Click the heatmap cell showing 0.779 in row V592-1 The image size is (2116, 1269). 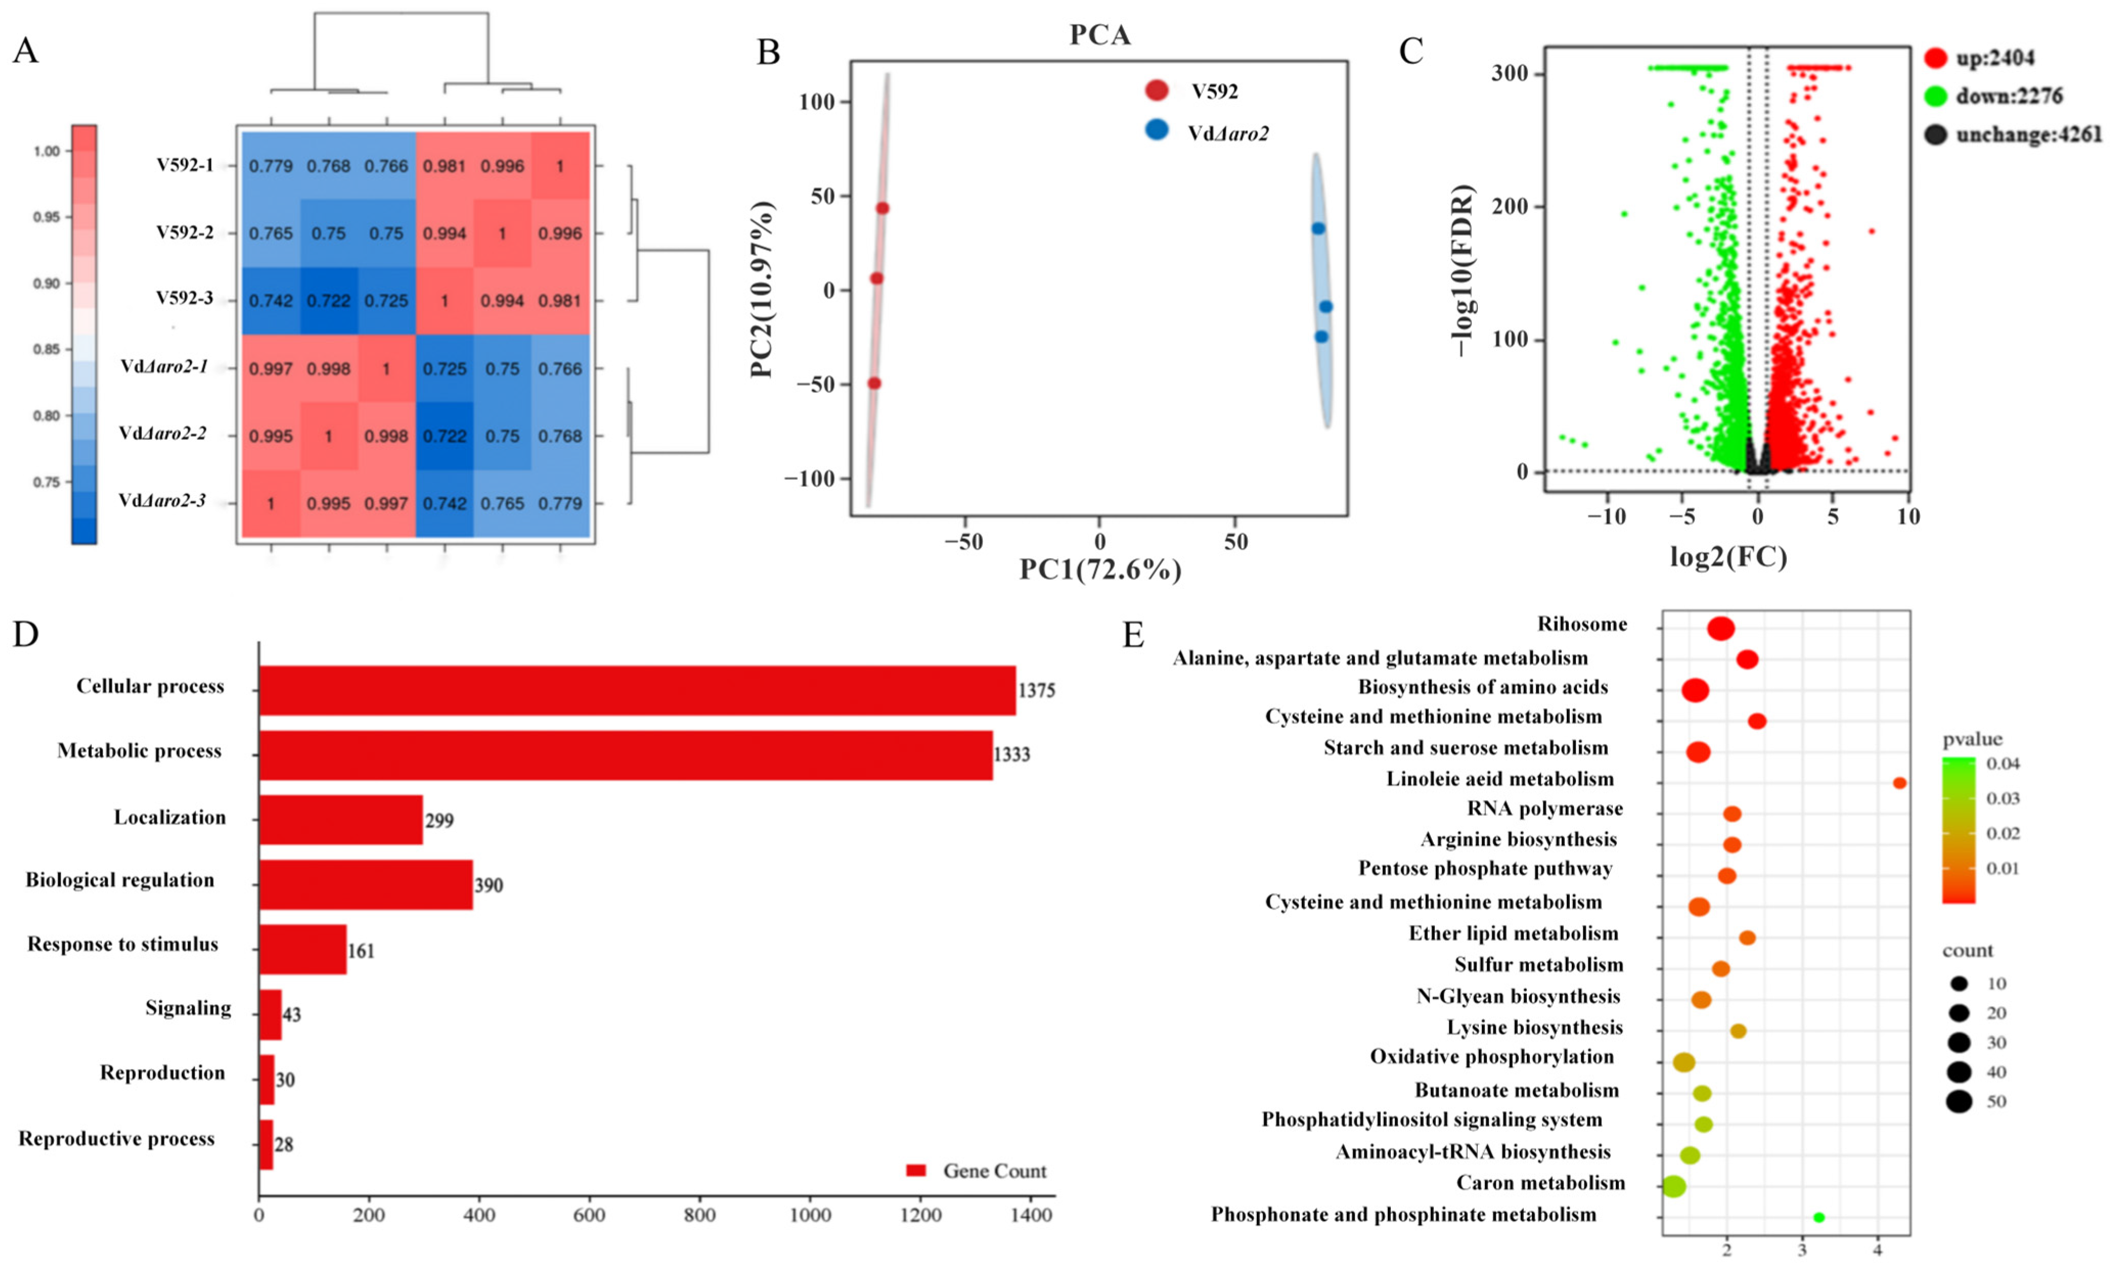coord(271,166)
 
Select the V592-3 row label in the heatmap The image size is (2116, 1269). coord(184,299)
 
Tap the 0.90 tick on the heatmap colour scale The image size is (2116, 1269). coord(47,283)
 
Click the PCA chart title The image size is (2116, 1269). coord(1100,35)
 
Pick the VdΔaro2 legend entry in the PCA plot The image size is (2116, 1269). coord(1227,132)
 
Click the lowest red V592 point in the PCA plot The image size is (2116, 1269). coord(874,383)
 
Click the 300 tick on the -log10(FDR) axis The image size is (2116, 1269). coord(1511,74)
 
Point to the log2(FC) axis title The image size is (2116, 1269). coord(1728,557)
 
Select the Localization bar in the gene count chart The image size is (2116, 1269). coord(341,819)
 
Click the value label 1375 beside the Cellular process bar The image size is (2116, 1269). coord(1037,690)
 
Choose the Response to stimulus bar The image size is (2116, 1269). coord(303,949)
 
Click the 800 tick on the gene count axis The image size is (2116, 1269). coord(700,1215)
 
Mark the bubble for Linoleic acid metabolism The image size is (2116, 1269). coord(1900,782)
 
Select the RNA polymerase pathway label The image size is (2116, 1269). coord(1545,809)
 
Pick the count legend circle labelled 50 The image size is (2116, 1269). coord(1960,1101)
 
